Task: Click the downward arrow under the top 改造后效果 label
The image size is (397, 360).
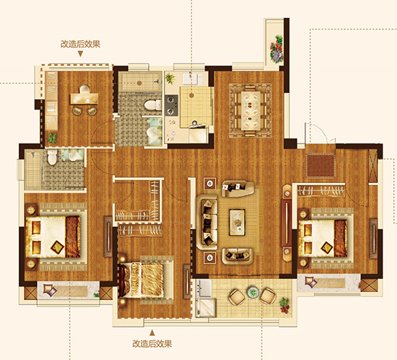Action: click(x=80, y=53)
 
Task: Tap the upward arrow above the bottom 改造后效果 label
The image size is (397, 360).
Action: click(x=152, y=333)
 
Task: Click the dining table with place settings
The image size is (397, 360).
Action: click(x=250, y=111)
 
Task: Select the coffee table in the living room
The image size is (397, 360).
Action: click(x=237, y=222)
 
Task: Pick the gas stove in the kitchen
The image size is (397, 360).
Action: click(x=171, y=105)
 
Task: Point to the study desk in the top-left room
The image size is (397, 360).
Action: click(x=84, y=98)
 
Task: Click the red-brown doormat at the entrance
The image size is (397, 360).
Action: click(x=320, y=165)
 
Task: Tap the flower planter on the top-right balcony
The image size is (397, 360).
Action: click(x=276, y=49)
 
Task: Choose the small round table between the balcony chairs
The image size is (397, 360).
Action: click(x=253, y=292)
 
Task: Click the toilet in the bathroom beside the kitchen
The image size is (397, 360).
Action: click(x=152, y=105)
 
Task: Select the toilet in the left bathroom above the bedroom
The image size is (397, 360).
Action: click(x=52, y=157)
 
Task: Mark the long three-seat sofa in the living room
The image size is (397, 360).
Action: click(x=207, y=222)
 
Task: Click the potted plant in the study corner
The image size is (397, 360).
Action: click(x=53, y=138)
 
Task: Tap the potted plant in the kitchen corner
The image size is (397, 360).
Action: click(x=170, y=78)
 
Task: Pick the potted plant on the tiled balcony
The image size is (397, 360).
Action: click(x=284, y=304)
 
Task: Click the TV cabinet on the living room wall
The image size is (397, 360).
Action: click(x=287, y=223)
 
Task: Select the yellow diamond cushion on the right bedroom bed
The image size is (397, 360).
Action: click(x=326, y=247)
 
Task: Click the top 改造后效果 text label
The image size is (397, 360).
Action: click(x=80, y=44)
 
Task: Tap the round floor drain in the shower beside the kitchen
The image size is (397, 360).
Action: click(x=139, y=83)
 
